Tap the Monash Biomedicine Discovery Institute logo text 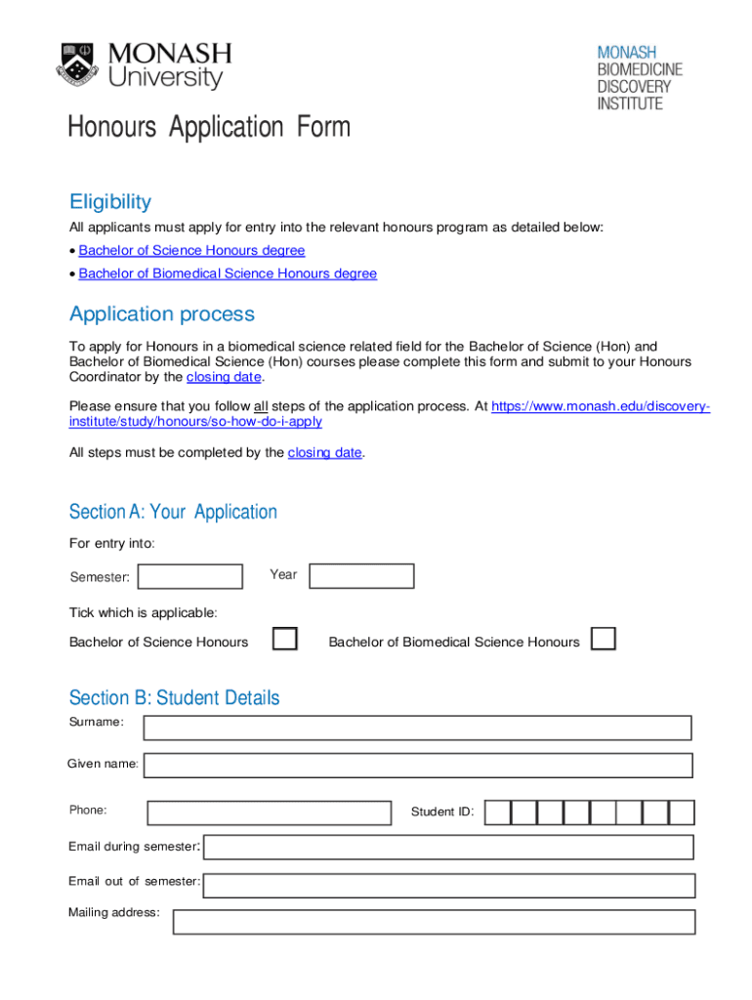[640, 77]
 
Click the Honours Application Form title [208, 128]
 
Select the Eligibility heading [110, 202]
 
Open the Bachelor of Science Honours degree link [191, 251]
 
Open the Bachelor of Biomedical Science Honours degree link [228, 273]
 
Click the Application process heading [162, 314]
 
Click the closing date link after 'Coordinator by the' [224, 377]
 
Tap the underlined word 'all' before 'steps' [261, 406]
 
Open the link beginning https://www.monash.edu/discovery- [600, 406]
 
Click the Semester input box [190, 577]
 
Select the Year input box [361, 576]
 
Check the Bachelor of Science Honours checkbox [285, 640]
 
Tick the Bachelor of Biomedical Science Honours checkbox [605, 640]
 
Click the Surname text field [417, 728]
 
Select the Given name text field [418, 765]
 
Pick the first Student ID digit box [497, 812]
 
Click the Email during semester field [448, 848]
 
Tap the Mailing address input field [434, 922]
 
